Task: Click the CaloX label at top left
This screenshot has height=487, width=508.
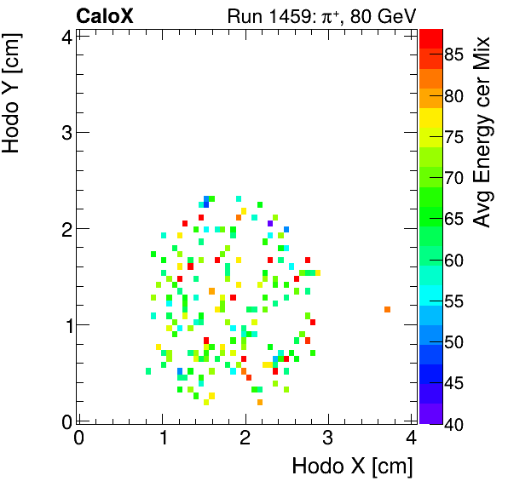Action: tap(105, 15)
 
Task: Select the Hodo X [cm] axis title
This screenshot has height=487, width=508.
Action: tap(352, 467)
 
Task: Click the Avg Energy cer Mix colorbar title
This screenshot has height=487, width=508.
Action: tap(484, 132)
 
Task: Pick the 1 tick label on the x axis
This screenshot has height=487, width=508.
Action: tap(163, 439)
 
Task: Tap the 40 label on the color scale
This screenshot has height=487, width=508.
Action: tap(453, 423)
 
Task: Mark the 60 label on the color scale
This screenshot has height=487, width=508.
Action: tap(453, 260)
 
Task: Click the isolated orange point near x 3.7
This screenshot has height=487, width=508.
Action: tap(387, 309)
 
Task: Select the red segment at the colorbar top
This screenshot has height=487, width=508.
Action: tap(430, 37)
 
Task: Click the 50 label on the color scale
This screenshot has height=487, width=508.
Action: tap(453, 341)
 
